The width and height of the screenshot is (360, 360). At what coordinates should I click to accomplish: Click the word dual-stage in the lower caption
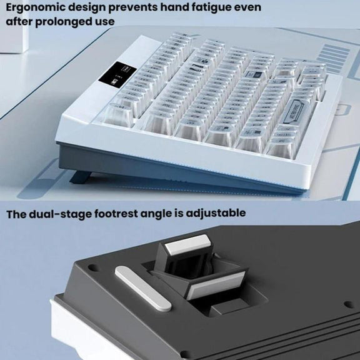(x=61, y=214)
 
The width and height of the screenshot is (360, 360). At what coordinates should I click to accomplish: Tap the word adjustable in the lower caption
(x=216, y=213)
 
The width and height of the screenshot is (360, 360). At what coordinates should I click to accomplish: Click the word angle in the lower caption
(x=156, y=214)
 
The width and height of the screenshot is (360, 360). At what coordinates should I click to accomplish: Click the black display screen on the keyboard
(x=117, y=73)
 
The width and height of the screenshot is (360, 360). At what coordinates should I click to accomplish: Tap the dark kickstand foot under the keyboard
(x=81, y=177)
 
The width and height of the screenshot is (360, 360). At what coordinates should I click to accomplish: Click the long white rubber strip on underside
(x=143, y=289)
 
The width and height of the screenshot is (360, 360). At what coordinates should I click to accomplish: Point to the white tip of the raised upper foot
(x=188, y=245)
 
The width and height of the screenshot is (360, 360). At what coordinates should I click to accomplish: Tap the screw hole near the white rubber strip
(x=92, y=267)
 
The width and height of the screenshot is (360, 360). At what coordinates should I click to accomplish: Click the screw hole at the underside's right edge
(x=348, y=304)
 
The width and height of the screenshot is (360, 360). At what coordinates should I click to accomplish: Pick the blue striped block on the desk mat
(x=333, y=58)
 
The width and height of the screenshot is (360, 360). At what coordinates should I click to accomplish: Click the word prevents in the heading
(x=133, y=7)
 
